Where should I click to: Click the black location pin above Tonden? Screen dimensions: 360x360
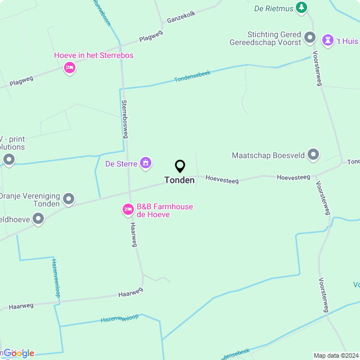click(x=180, y=166)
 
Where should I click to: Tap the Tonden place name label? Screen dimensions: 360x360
click(x=179, y=180)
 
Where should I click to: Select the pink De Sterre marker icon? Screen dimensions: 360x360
click(x=146, y=164)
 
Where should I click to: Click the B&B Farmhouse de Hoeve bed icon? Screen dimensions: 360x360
click(x=128, y=210)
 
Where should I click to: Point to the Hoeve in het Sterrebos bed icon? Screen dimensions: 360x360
click(x=70, y=68)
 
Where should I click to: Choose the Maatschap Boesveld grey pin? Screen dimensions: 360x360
click(x=313, y=155)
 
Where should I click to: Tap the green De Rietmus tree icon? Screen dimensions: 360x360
click(x=303, y=7)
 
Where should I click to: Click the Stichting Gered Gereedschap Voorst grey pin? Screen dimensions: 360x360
click(x=310, y=38)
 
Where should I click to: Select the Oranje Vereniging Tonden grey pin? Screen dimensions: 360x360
click(x=69, y=199)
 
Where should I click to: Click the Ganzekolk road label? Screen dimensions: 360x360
click(x=181, y=17)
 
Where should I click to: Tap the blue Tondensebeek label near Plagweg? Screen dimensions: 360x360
click(x=192, y=76)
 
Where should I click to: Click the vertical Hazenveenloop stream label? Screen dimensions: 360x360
click(x=56, y=278)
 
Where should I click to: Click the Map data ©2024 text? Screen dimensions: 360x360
click(x=336, y=355)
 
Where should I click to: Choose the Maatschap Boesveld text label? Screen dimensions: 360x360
click(x=268, y=155)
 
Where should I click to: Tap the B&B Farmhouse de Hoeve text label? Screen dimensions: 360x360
click(x=165, y=210)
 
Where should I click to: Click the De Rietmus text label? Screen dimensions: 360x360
click(x=273, y=8)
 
